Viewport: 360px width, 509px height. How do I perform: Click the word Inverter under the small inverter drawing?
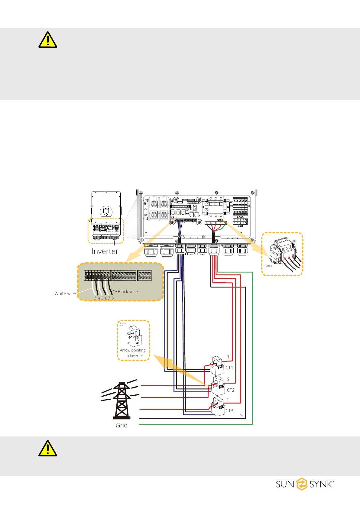105,251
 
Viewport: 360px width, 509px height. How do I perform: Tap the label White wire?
65,293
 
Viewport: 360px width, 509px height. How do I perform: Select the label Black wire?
128,292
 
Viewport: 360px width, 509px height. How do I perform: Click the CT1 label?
229,368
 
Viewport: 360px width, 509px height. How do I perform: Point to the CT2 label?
231,390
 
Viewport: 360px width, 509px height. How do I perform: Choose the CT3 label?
229,411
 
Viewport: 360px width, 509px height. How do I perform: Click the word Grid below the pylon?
122,425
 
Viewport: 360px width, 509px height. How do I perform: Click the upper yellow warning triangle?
48,40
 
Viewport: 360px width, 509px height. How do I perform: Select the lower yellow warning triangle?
48,448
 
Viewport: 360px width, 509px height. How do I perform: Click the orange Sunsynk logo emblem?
302,484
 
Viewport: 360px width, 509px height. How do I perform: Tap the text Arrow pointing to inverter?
133,353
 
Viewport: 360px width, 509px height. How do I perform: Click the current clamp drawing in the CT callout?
134,336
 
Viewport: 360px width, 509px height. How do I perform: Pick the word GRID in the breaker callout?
268,266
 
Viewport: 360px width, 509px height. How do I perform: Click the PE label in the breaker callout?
294,241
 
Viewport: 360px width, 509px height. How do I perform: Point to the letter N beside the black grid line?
241,415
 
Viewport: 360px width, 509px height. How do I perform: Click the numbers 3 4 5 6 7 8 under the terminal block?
104,298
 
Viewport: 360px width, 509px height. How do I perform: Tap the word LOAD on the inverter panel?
240,217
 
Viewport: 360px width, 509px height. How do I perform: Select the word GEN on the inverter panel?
240,226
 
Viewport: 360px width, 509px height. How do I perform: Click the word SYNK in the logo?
321,485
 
